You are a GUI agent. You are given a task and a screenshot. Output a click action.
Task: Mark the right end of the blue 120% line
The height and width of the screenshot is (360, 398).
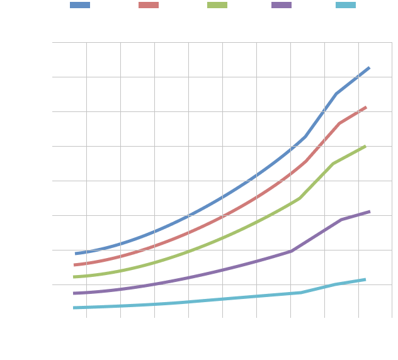[x=369, y=67]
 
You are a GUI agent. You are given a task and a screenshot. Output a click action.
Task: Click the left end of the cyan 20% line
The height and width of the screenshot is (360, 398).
[x=75, y=308]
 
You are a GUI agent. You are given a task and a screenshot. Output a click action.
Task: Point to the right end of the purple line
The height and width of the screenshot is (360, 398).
[x=369, y=211]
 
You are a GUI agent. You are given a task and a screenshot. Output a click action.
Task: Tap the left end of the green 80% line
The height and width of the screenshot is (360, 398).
[x=75, y=277]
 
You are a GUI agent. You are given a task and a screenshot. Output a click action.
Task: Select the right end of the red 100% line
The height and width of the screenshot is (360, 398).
[x=366, y=108]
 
